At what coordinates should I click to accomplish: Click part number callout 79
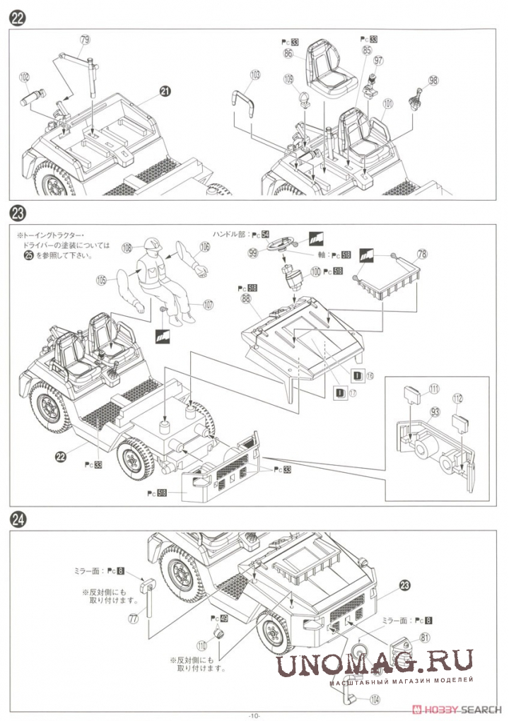click(85, 40)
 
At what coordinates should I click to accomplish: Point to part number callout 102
click(24, 77)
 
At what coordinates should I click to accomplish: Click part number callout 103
click(255, 74)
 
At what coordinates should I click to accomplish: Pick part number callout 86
click(288, 53)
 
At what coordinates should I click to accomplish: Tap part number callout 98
click(433, 81)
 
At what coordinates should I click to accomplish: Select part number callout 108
click(127, 248)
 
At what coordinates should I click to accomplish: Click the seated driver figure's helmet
click(151, 245)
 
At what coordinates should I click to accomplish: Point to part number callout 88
click(246, 298)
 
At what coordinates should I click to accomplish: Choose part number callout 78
click(422, 254)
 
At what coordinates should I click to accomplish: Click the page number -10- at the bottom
click(254, 715)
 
